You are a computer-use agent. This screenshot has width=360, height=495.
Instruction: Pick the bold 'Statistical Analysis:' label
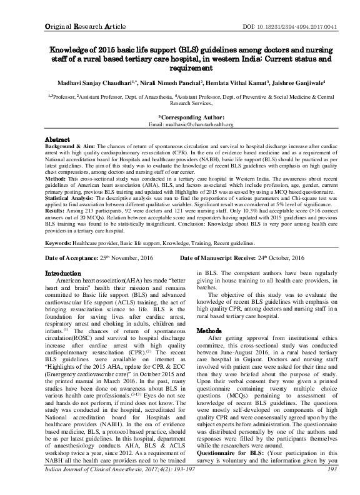click(x=73, y=199)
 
